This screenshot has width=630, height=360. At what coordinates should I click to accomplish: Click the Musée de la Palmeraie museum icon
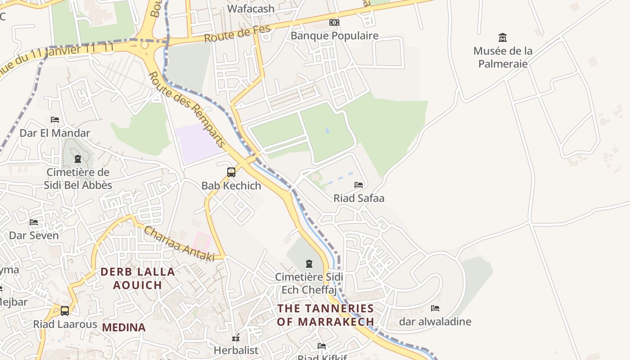pyautogui.click(x=503, y=37)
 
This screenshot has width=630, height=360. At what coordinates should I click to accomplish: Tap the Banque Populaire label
pyautogui.click(x=334, y=36)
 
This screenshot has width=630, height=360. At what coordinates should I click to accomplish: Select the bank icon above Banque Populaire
pyautogui.click(x=334, y=22)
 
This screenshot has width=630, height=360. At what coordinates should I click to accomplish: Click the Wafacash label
pyautogui.click(x=251, y=9)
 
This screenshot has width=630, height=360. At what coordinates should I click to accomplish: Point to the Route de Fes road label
pyautogui.click(x=238, y=34)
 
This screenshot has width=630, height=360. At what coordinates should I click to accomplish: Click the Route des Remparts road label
pyautogui.click(x=186, y=110)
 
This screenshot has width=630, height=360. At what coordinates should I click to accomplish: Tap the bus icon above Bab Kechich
pyautogui.click(x=231, y=172)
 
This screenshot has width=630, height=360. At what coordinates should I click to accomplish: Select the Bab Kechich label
pyautogui.click(x=231, y=185)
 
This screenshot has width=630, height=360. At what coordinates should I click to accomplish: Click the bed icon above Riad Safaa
pyautogui.click(x=359, y=184)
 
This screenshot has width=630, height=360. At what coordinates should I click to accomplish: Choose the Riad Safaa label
pyautogui.click(x=359, y=198)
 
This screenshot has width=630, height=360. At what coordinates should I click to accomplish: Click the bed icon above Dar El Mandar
pyautogui.click(x=55, y=120)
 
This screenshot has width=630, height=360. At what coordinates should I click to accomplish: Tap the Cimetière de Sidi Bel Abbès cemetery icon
pyautogui.click(x=78, y=159)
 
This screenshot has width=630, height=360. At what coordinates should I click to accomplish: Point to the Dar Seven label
pyautogui.click(x=34, y=235)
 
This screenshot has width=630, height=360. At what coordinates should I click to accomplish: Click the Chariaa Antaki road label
pyautogui.click(x=179, y=243)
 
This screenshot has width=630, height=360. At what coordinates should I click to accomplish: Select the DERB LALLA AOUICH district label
pyautogui.click(x=138, y=278)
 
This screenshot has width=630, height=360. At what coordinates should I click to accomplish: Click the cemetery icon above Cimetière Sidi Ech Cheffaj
pyautogui.click(x=309, y=263)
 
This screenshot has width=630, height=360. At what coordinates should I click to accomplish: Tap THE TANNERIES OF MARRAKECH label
pyautogui.click(x=325, y=315)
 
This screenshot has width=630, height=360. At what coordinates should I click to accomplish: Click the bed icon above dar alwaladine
pyautogui.click(x=435, y=308)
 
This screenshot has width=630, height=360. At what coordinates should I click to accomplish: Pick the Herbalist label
pyautogui.click(x=236, y=350)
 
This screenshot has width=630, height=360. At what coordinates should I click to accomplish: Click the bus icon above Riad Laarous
pyautogui.click(x=65, y=310)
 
